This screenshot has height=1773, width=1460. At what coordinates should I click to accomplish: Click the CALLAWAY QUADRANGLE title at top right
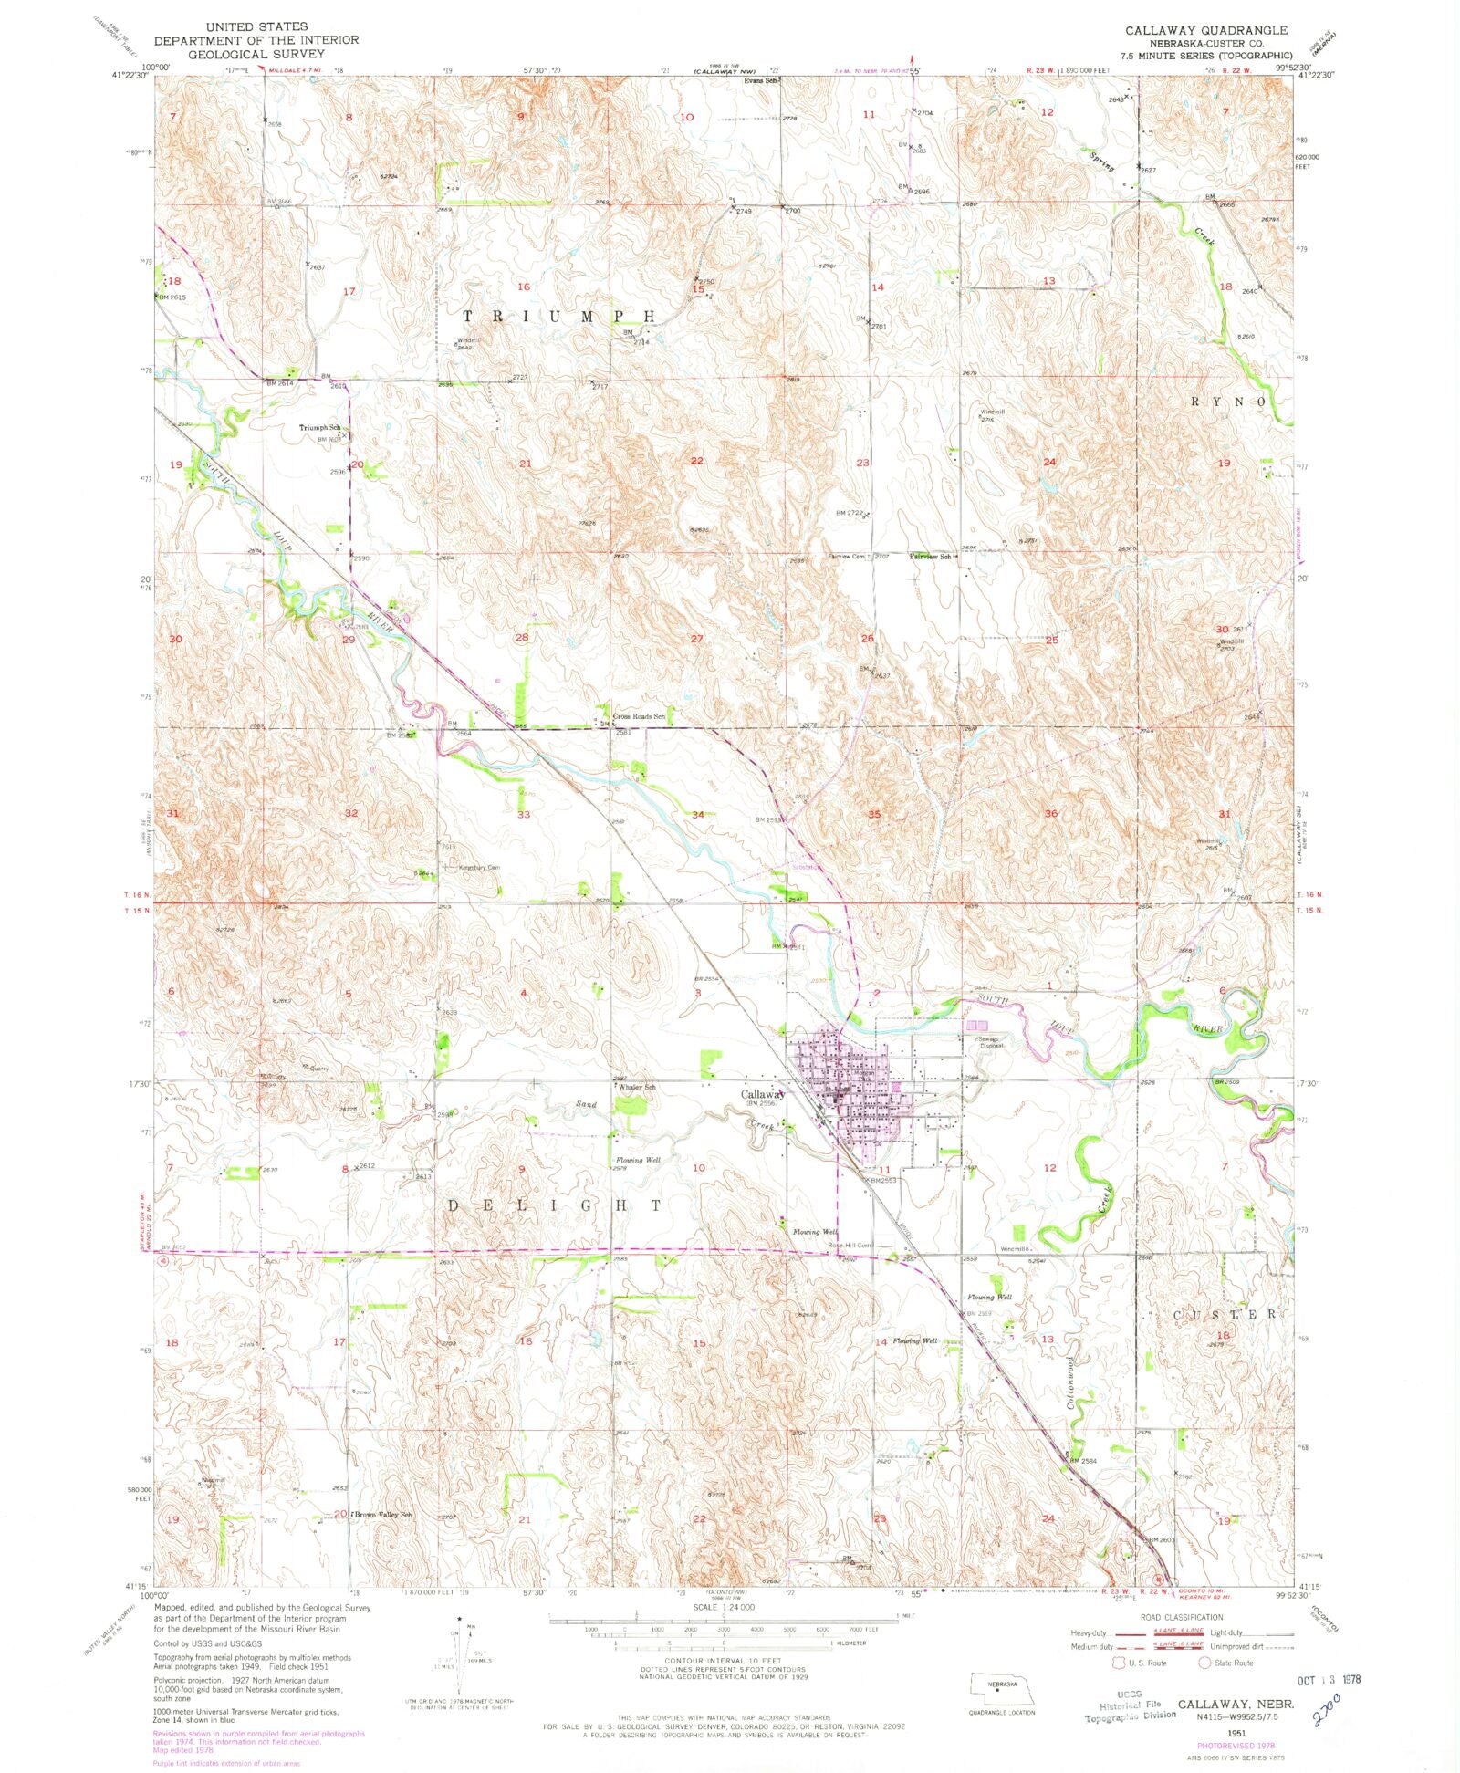tap(1206, 30)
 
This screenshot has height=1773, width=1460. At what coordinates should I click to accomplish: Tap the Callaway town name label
tap(763, 1094)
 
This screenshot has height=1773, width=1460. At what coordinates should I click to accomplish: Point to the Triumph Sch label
tap(319, 428)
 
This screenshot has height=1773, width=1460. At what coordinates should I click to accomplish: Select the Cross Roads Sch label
tap(639, 716)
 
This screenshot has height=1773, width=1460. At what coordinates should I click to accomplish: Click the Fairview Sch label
tap(931, 556)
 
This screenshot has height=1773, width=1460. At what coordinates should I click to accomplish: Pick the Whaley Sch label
tap(638, 1087)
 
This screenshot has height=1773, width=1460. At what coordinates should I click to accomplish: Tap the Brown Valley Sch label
tap(383, 1515)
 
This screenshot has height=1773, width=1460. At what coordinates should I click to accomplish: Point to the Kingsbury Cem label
tap(479, 867)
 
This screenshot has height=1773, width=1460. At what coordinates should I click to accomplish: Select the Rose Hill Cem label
tap(850, 1245)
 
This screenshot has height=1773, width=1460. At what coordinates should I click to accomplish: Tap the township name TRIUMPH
tap(558, 316)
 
